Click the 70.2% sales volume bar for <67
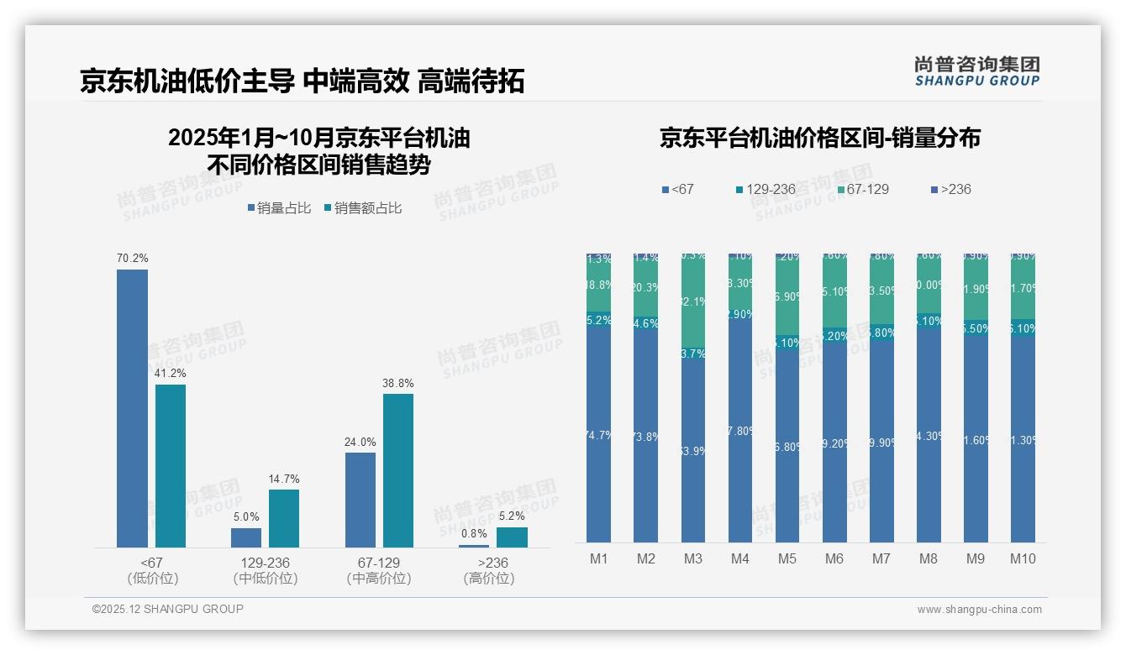click(132, 408)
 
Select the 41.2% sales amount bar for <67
click(171, 466)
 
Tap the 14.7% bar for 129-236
click(284, 518)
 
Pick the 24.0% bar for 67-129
click(360, 500)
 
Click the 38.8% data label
click(398, 384)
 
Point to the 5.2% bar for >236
click(512, 537)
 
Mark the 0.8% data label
click(474, 533)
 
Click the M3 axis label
click(693, 558)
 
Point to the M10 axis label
click(1023, 558)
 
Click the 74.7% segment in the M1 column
click(599, 434)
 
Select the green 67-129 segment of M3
click(693, 302)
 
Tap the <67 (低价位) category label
click(153, 570)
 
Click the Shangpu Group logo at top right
click(976, 71)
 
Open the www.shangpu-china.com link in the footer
click(979, 610)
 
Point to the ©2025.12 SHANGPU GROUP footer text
click(168, 609)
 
